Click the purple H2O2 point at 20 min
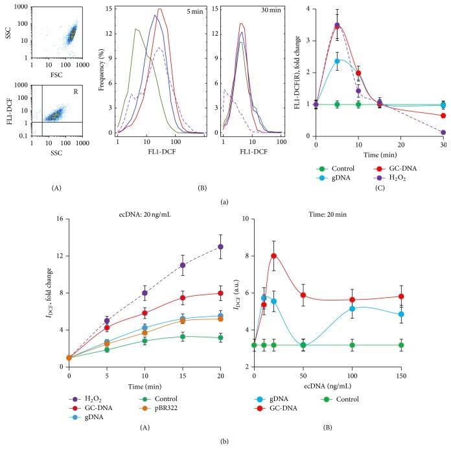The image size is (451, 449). tap(221, 247)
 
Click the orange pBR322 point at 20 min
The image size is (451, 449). tap(221, 319)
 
